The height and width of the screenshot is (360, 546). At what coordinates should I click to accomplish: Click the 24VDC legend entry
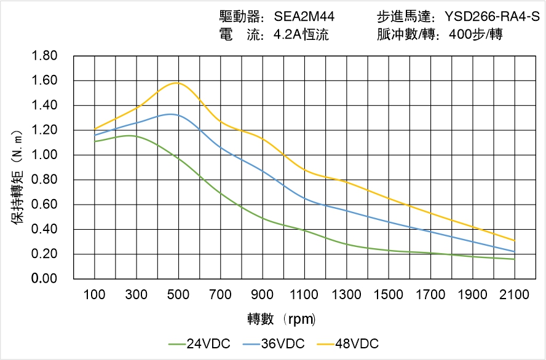(199, 343)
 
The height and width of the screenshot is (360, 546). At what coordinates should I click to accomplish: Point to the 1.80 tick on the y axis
(44, 56)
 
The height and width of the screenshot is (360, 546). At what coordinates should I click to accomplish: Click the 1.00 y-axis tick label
(44, 155)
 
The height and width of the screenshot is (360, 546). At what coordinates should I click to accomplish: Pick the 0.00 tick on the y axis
(44, 279)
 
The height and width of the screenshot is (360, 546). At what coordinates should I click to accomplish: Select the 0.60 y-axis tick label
(44, 205)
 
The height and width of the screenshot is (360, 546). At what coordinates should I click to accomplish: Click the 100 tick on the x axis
(95, 295)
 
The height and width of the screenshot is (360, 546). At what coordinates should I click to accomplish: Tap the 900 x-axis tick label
(263, 295)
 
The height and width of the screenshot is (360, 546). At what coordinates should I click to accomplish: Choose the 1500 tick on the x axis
(389, 295)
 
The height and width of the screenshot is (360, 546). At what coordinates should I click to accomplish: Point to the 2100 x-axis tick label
(515, 295)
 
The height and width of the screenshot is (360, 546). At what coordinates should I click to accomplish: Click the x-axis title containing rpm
(281, 319)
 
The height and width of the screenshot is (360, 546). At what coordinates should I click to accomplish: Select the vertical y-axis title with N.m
(19, 175)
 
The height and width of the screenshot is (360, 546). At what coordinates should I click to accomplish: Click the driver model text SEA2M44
(304, 17)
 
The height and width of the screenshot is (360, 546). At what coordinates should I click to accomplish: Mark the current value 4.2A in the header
(287, 35)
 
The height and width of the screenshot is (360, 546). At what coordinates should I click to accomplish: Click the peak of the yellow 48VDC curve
(178, 82)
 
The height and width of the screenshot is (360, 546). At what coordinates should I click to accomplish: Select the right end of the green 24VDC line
(515, 259)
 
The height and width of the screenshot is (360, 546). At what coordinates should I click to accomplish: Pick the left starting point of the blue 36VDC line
(95, 135)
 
